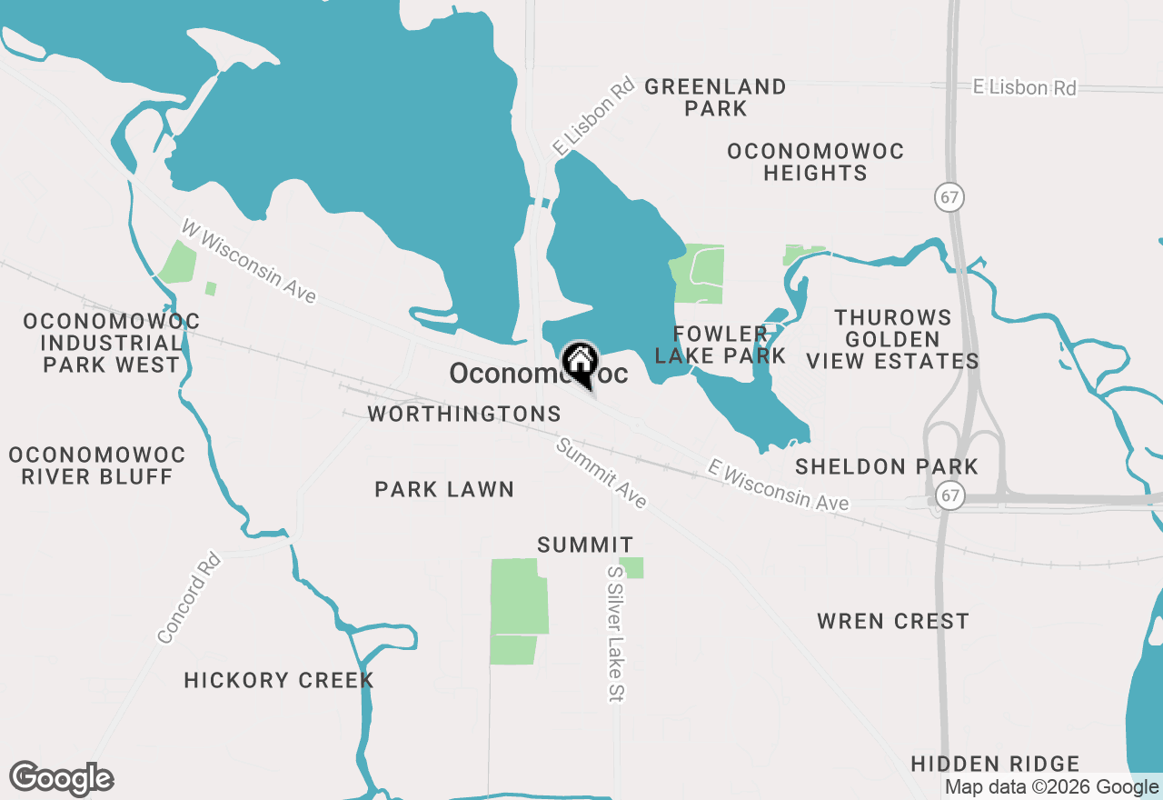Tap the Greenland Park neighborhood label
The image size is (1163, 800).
pos(716,97)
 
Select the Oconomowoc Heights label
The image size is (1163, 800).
pos(815,162)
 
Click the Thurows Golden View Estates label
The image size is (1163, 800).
pos(892,339)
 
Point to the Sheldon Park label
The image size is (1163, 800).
pos(886,466)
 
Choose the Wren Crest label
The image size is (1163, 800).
pos(892,621)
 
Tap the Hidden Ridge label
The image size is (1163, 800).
pos(995,764)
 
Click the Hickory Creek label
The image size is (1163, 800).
pos(279,680)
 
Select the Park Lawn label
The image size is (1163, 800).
pos(444,489)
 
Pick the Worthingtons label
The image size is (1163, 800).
pos(464,414)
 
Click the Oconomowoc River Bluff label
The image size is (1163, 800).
pos(97,465)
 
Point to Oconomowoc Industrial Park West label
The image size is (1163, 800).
pos(112,343)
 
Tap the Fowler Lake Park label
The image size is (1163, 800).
pos(721,345)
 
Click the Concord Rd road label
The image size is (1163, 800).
pos(189,598)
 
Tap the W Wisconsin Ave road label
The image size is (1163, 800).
pos(249,262)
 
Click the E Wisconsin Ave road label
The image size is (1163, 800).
pos(778,485)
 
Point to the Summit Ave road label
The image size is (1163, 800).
pos(601,474)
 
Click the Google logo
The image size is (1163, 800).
pos(62,778)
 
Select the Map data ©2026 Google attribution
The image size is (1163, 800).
pos(1051,787)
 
